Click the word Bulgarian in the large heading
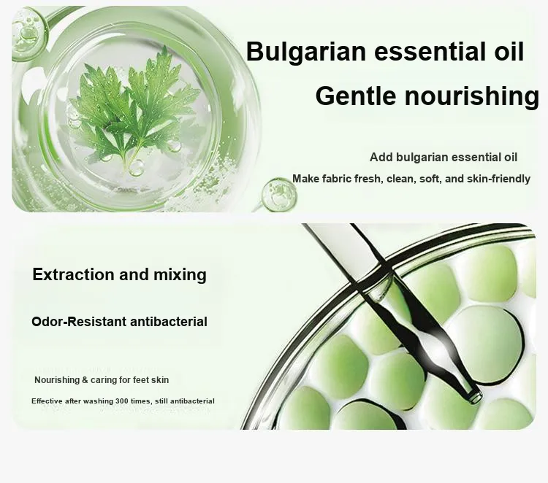tap(306, 53)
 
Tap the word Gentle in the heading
tap(356, 96)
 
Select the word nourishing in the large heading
tap(472, 97)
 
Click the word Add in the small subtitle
tap(381, 157)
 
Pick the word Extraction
tap(73, 274)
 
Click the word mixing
tap(180, 275)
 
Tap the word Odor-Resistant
tap(79, 322)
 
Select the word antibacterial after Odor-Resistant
tap(169, 322)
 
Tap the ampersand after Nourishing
tap(85, 379)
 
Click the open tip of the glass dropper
tap(476, 397)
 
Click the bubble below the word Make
tap(279, 195)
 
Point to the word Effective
tap(47, 401)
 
